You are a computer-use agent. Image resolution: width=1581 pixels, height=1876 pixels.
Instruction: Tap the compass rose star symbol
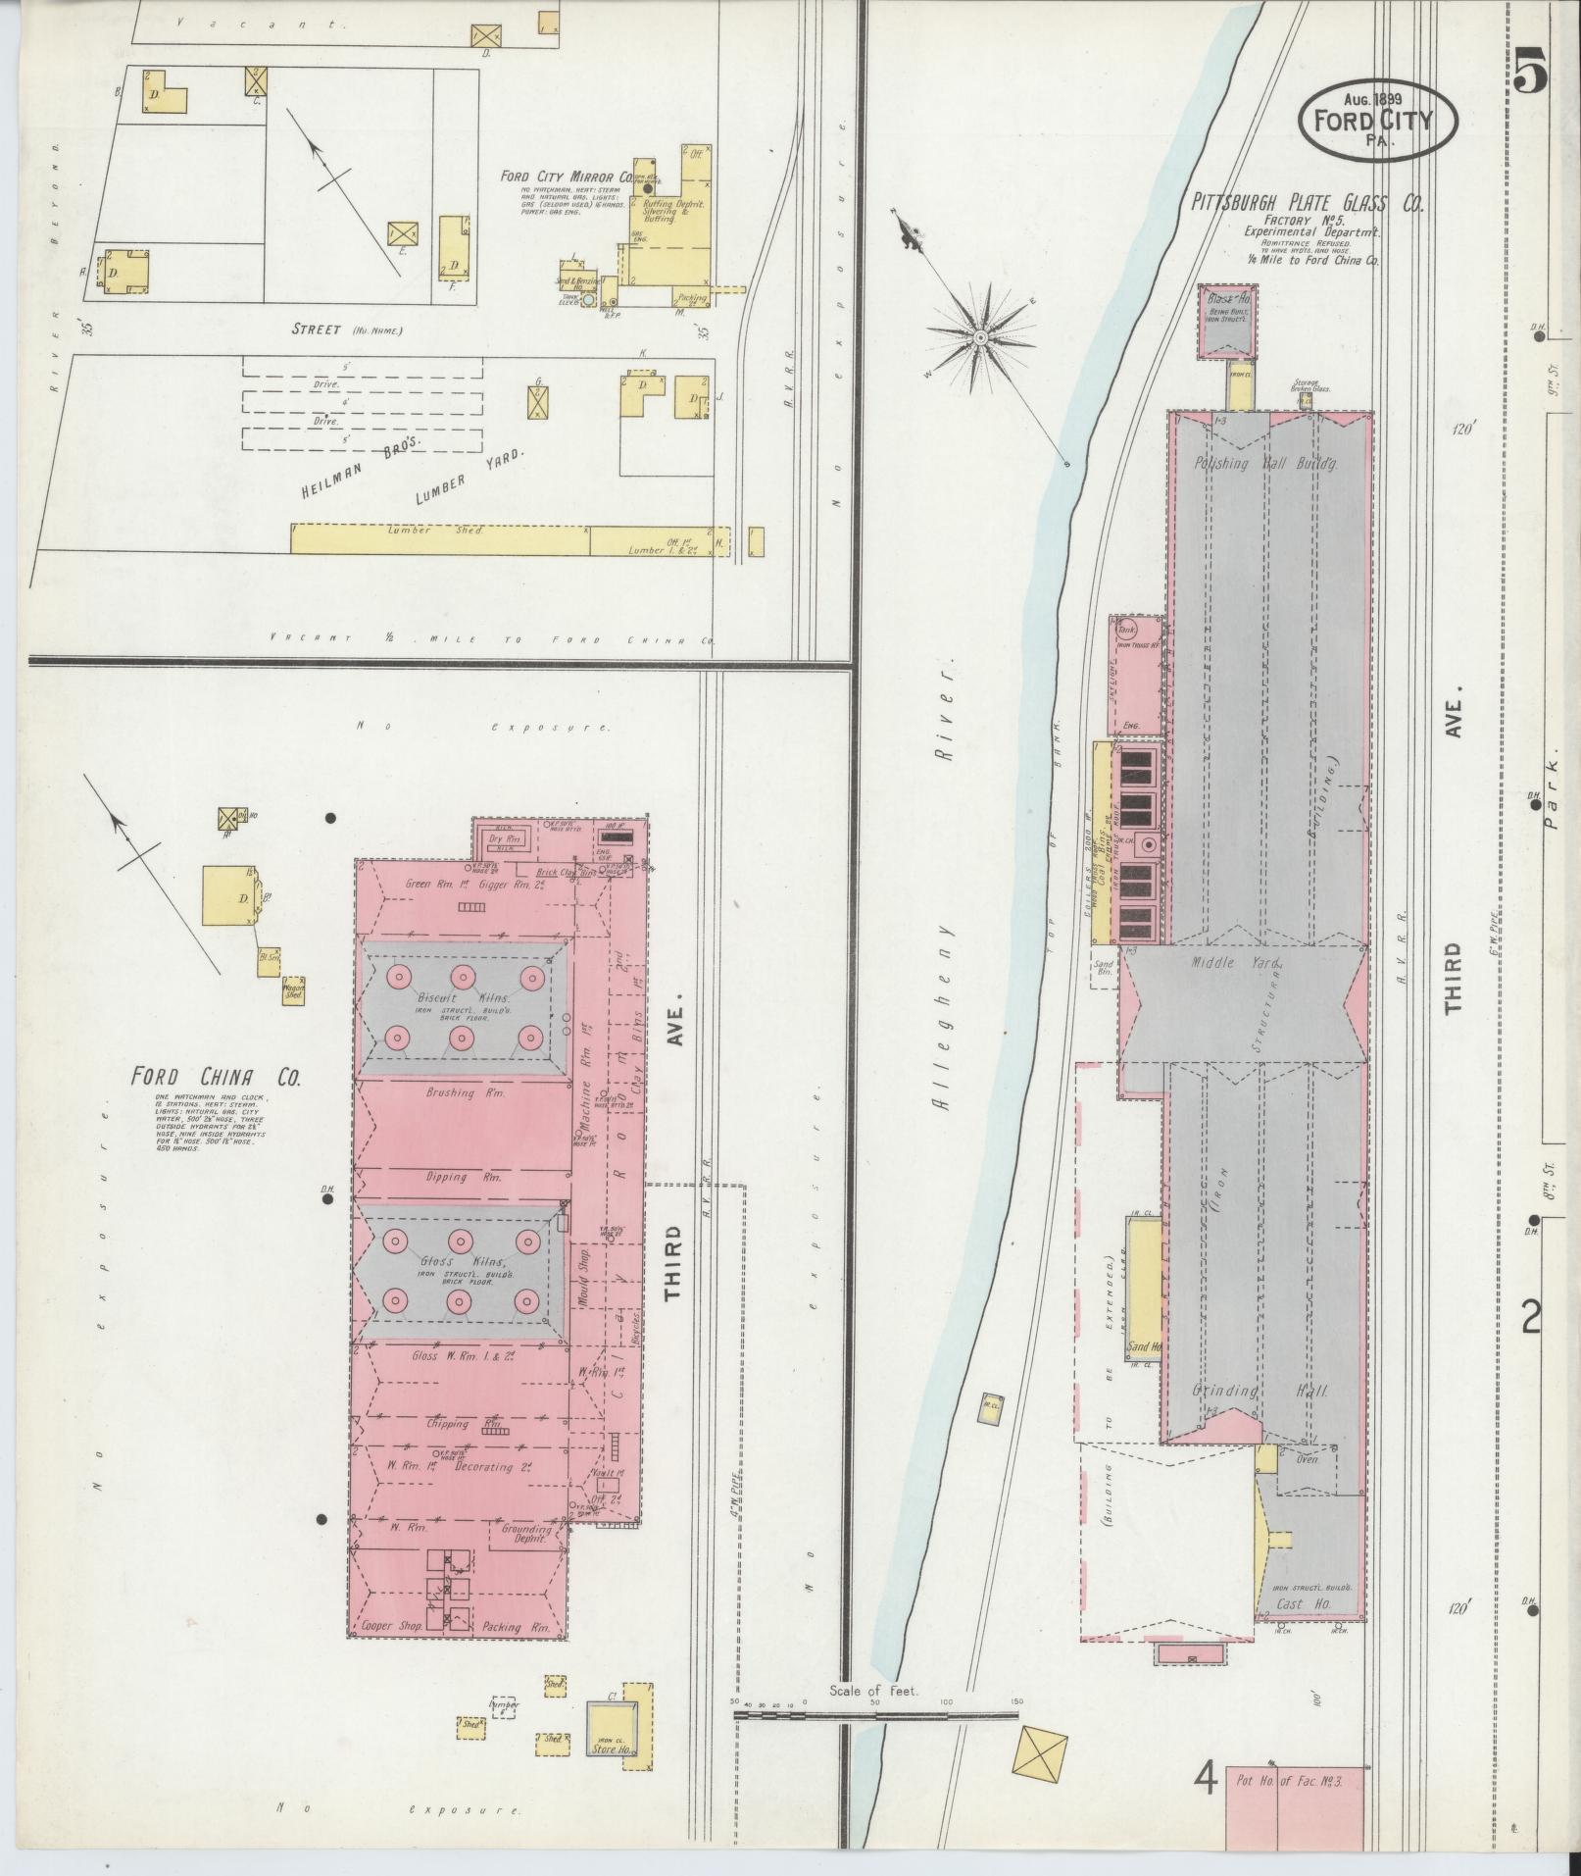[979, 337]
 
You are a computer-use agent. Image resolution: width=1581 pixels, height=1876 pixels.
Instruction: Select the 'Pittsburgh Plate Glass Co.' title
[1307, 204]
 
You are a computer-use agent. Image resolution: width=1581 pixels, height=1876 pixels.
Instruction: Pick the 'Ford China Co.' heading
[217, 1077]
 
